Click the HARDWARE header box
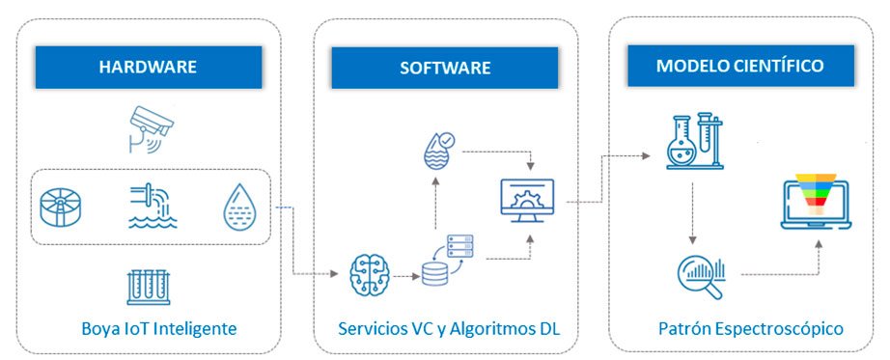[x=148, y=67]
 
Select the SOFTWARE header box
[x=445, y=68]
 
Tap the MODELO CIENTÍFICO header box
[x=740, y=66]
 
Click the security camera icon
[x=150, y=129]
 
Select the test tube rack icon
[x=149, y=288]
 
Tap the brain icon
[x=370, y=275]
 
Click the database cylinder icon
[x=434, y=274]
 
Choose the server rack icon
[x=459, y=246]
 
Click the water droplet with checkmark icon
[x=436, y=150]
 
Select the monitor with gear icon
[x=527, y=197]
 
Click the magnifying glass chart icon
[x=702, y=278]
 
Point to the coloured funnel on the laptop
[x=817, y=195]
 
